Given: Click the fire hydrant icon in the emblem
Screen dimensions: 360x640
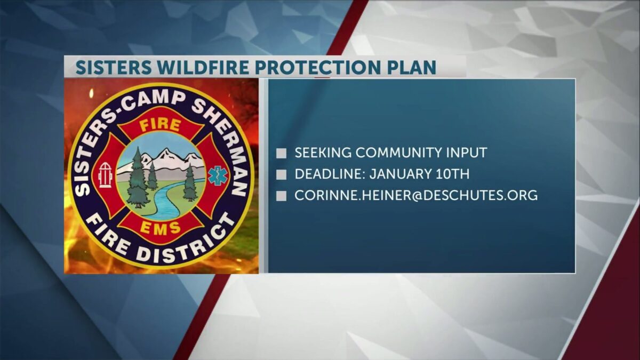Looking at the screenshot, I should pyautogui.click(x=105, y=175).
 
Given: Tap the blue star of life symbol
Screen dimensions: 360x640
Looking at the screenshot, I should pyautogui.click(x=218, y=175).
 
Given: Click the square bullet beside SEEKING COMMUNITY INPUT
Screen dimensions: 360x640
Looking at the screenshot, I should pyautogui.click(x=281, y=154).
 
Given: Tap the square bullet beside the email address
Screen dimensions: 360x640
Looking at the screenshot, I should pyautogui.click(x=281, y=196).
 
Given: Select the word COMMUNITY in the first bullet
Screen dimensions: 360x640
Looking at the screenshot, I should pyautogui.click(x=401, y=153).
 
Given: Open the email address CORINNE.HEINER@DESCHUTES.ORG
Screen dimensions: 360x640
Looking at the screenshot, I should pyautogui.click(x=416, y=195).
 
